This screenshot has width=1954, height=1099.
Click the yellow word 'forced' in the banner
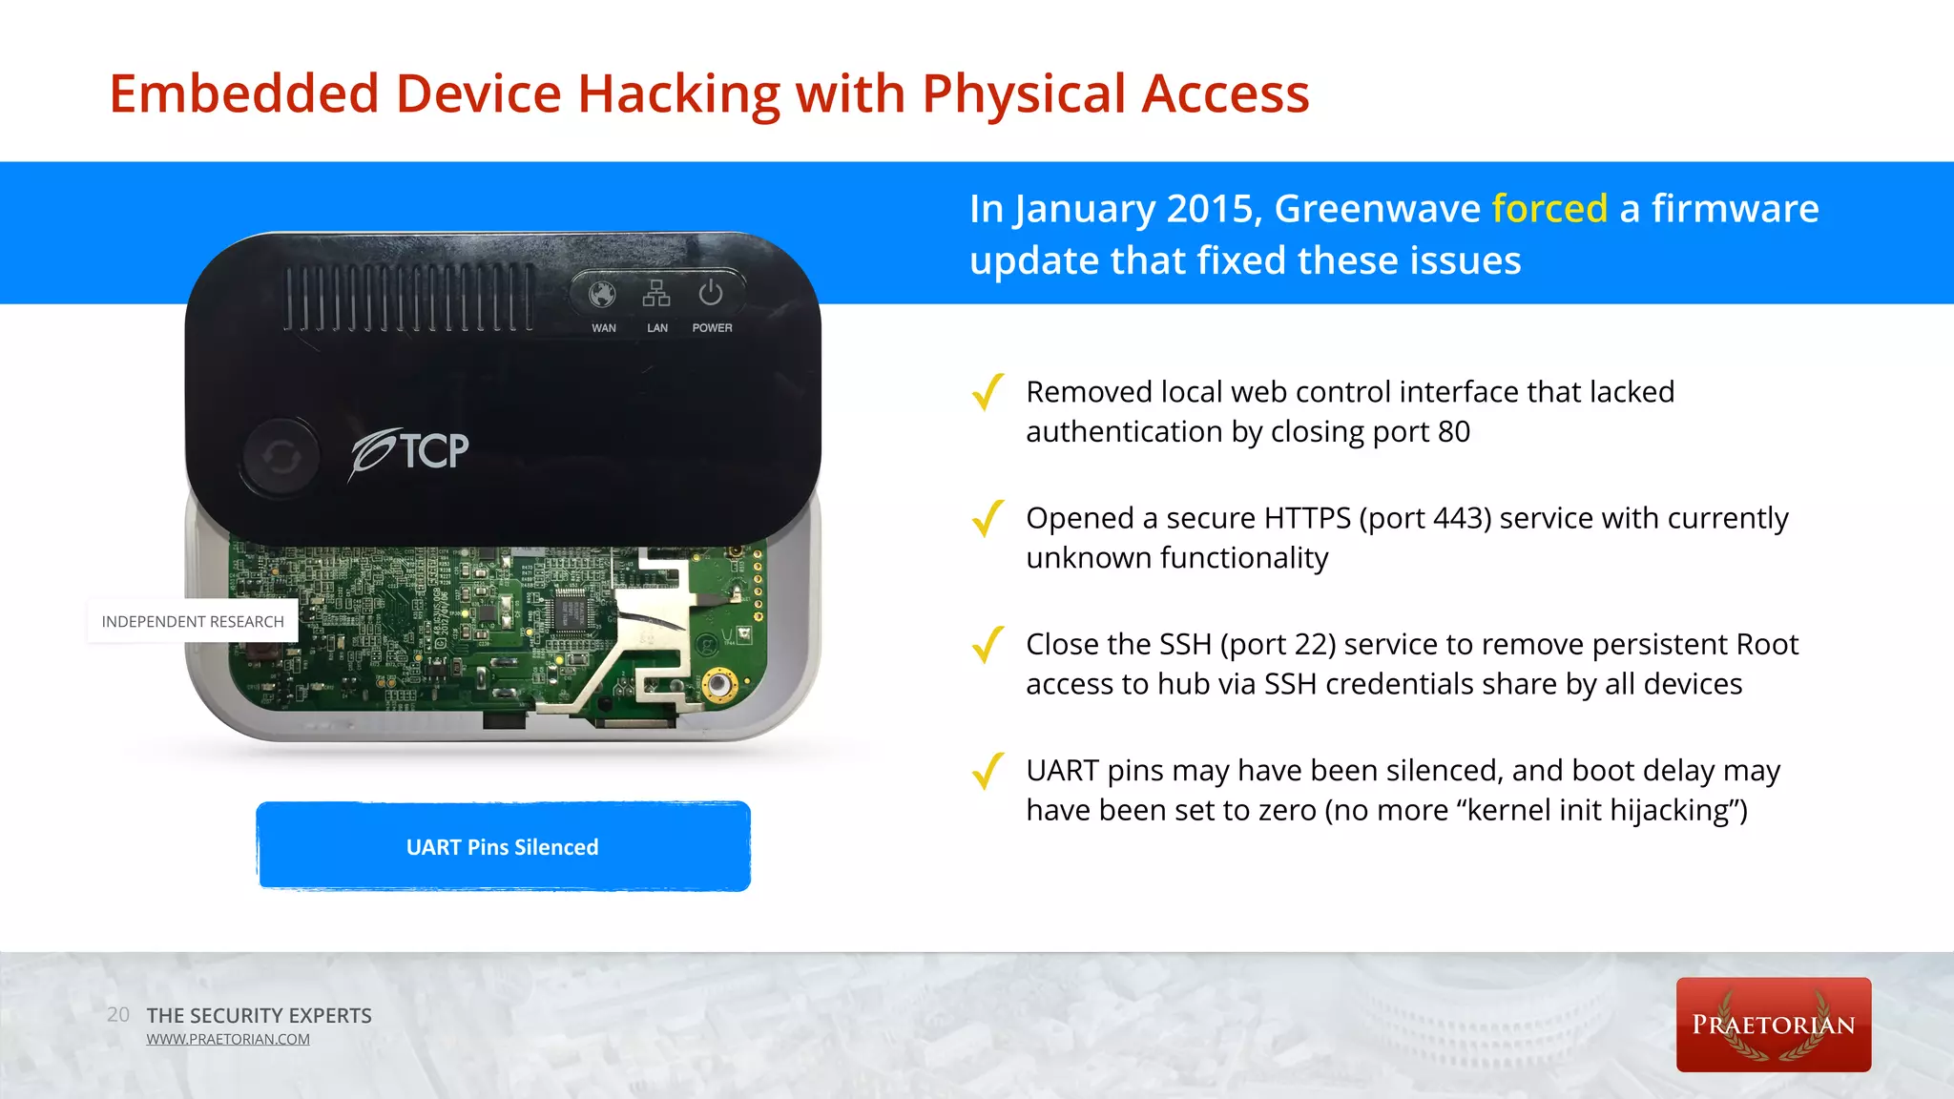1549,209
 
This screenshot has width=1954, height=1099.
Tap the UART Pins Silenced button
503,847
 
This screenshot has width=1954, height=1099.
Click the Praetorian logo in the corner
1773,1025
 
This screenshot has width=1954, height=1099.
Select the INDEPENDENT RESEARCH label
193,622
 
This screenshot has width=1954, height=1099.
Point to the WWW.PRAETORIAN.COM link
228,1040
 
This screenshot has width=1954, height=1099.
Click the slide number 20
118,1015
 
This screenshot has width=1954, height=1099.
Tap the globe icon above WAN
602,295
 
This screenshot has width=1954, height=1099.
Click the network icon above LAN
656,294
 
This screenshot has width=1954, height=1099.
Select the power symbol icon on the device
711,294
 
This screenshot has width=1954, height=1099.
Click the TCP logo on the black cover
410,452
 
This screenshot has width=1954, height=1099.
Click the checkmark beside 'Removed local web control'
987,392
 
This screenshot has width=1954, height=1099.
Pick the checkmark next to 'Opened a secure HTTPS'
987,518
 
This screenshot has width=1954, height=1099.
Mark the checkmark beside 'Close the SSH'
987,645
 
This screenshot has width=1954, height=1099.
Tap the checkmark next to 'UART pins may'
987,771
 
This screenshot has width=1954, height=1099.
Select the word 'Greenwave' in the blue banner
1377,209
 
